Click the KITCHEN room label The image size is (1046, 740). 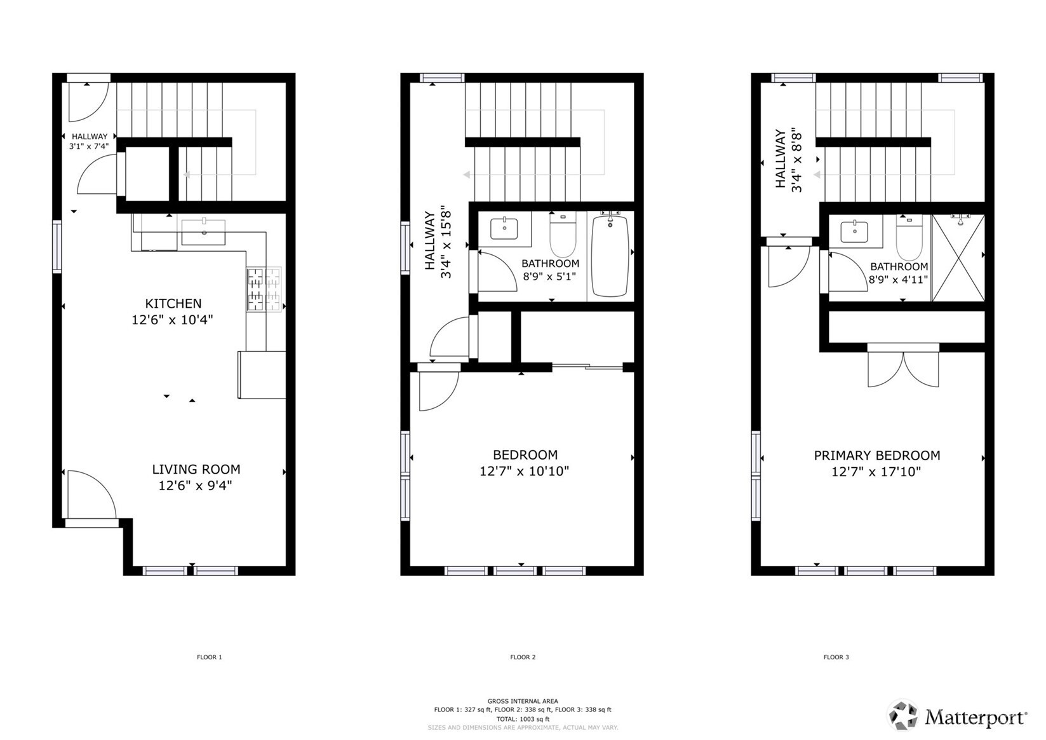coord(173,304)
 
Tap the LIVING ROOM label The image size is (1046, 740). coord(196,469)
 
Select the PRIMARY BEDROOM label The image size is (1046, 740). coord(876,455)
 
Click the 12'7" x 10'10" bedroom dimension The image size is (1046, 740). coord(524,471)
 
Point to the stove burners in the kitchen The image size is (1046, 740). coord(264,289)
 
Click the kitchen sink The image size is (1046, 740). coord(203,232)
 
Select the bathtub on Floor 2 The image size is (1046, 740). coord(610,256)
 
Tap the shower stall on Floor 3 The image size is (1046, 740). coord(958,258)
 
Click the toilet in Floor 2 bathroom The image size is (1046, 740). coord(562,236)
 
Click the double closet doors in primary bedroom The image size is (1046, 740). coord(902,369)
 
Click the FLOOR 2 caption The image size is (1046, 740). coord(523,657)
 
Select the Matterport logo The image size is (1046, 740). coord(957,716)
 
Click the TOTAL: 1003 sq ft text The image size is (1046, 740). coord(523,719)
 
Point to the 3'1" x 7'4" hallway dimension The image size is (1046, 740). coord(89,146)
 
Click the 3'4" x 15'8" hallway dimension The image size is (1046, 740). coord(446,244)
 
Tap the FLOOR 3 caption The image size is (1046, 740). coord(836,657)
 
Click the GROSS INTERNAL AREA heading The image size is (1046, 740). coord(523,701)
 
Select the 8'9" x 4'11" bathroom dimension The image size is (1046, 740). coord(899,279)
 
